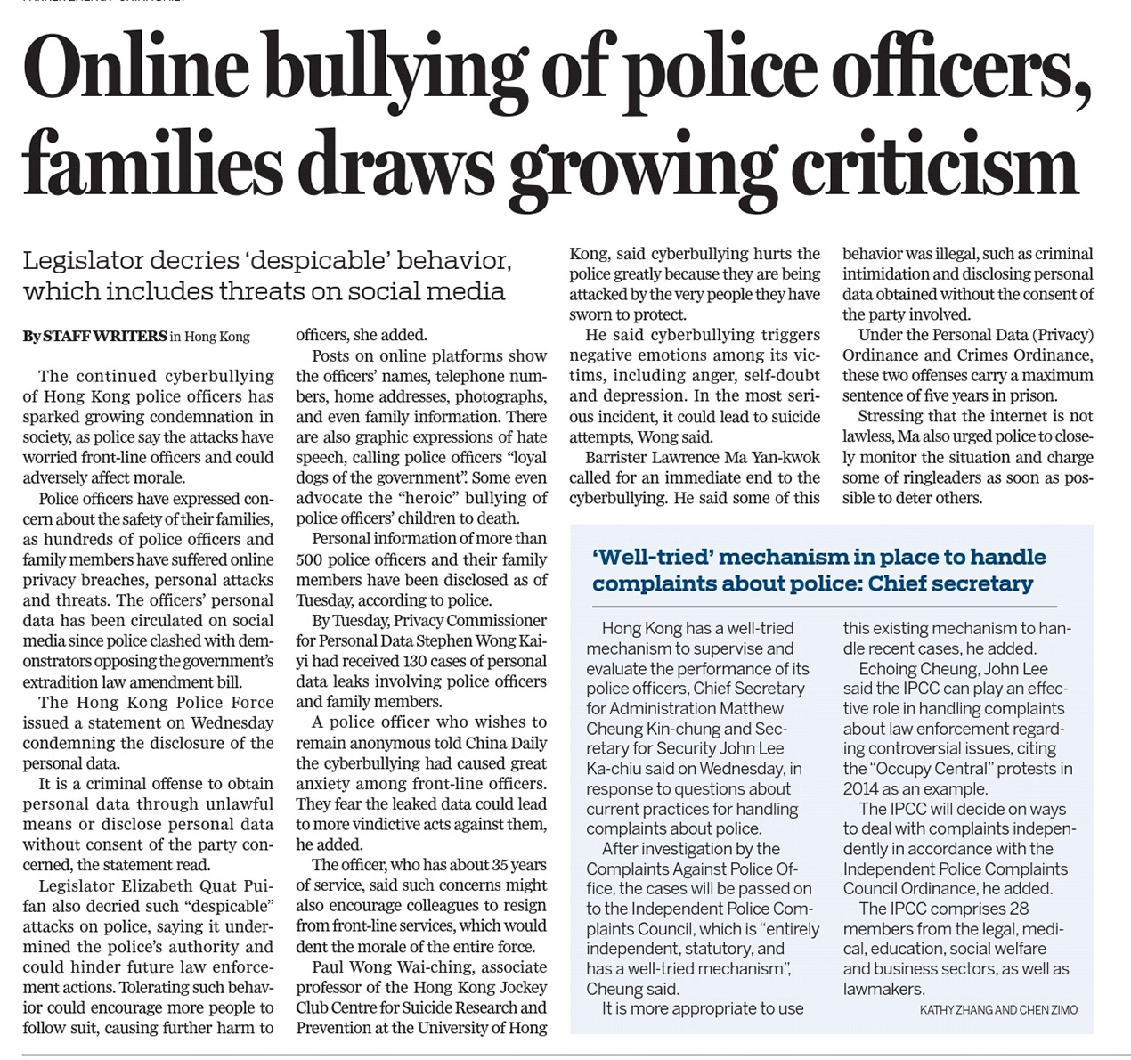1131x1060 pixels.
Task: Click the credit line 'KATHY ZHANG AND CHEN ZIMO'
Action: (997, 1009)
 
